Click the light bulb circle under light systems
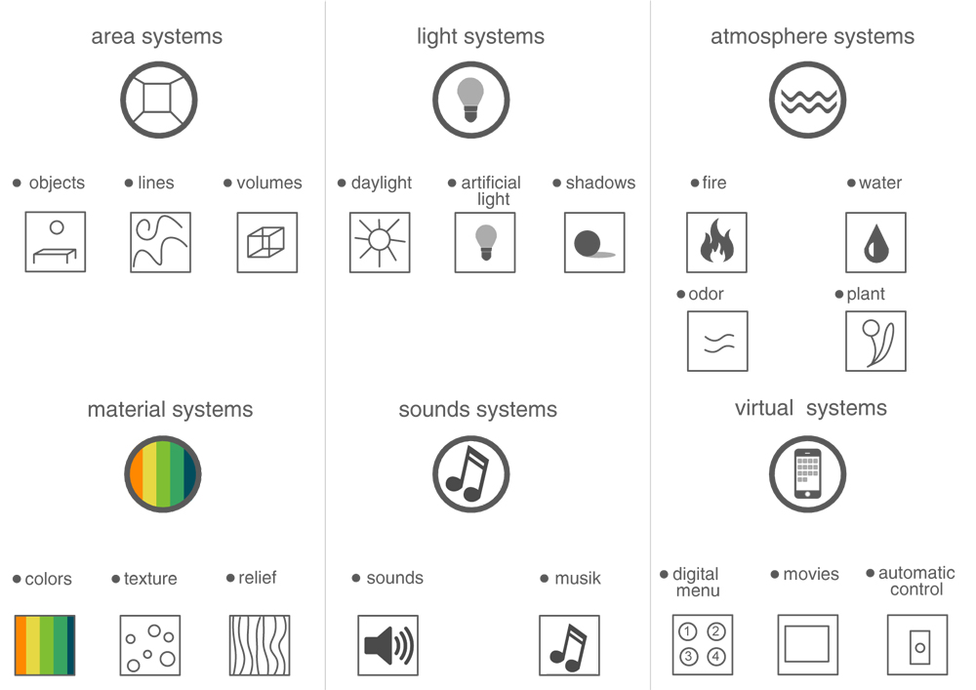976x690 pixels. (471, 100)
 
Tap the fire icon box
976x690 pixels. (716, 242)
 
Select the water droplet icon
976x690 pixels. (875, 242)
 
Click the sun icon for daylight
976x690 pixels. (380, 242)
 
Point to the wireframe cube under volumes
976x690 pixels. (266, 242)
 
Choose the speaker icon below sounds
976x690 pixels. (387, 645)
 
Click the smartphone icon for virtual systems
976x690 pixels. (807, 474)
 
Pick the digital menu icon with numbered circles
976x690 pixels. (703, 645)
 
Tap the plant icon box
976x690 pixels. (875, 342)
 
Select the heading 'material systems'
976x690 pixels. (170, 410)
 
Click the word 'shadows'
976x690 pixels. (600, 183)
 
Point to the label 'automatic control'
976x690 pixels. (916, 582)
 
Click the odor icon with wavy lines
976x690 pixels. (717, 342)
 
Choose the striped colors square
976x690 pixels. (45, 645)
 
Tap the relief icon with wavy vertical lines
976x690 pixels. (259, 645)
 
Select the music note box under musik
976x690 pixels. (569, 645)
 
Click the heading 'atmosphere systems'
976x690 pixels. (812, 37)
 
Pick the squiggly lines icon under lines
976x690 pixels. (160, 242)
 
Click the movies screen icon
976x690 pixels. (807, 645)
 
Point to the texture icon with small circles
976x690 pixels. (149, 645)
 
